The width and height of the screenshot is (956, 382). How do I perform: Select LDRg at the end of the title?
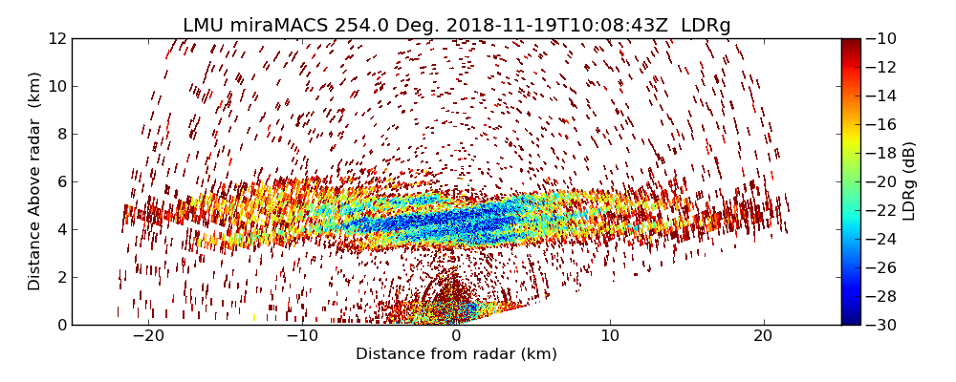click(706, 26)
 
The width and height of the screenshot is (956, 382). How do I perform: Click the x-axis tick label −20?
click(148, 336)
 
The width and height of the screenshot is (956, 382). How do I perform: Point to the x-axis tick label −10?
click(302, 336)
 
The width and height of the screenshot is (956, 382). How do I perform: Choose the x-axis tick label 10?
click(610, 336)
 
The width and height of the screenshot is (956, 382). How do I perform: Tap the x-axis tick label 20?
click(764, 336)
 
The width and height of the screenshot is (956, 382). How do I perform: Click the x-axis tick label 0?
click(456, 336)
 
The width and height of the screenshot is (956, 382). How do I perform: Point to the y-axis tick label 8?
click(59, 135)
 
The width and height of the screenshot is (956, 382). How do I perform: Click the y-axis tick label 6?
click(59, 182)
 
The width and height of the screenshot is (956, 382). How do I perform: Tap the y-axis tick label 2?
click(59, 278)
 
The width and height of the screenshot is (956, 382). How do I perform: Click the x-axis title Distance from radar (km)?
click(456, 354)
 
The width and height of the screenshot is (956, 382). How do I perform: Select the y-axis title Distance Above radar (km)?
click(35, 181)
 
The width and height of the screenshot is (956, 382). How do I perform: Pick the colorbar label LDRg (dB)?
click(909, 181)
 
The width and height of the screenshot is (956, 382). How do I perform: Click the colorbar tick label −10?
click(881, 39)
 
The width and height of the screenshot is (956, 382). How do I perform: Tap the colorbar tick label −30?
click(881, 325)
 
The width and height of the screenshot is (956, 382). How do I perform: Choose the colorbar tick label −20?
click(881, 181)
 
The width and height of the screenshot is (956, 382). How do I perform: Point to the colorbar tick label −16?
click(881, 125)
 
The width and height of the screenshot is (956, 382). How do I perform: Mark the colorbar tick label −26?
click(881, 267)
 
